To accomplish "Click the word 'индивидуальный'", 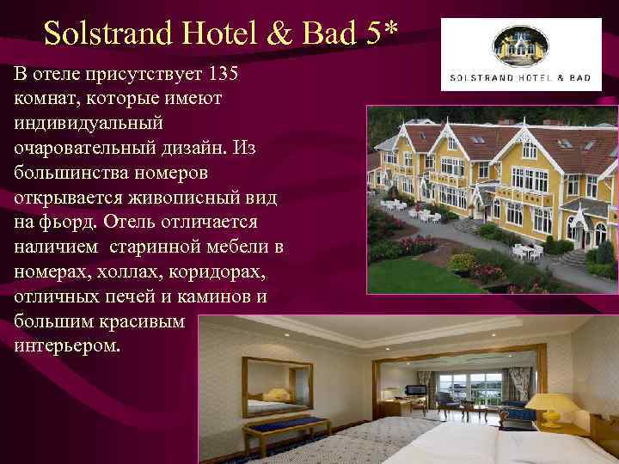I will point(87,124).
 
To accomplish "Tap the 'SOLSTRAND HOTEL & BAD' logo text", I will point(521,77).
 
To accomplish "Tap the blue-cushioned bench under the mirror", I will point(284,426).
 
